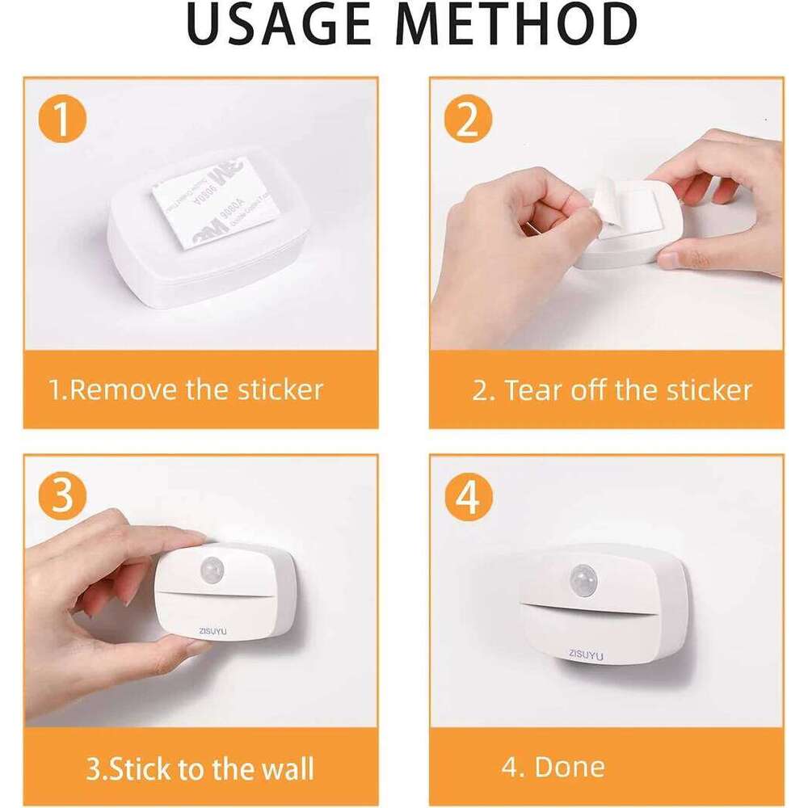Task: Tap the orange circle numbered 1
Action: [x=62, y=121]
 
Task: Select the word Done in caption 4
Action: [x=570, y=767]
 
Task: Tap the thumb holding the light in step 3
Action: [x=174, y=646]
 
